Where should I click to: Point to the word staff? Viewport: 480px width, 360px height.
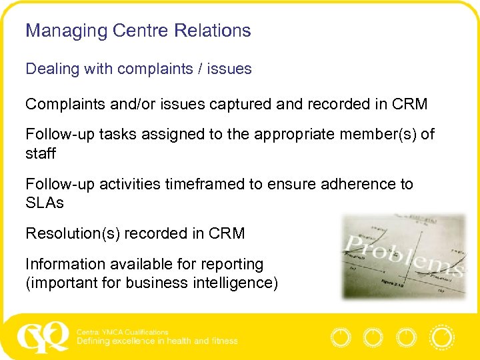41,153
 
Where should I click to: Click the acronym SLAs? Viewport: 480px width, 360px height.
45,203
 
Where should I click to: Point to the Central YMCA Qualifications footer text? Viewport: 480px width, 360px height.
123,331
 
